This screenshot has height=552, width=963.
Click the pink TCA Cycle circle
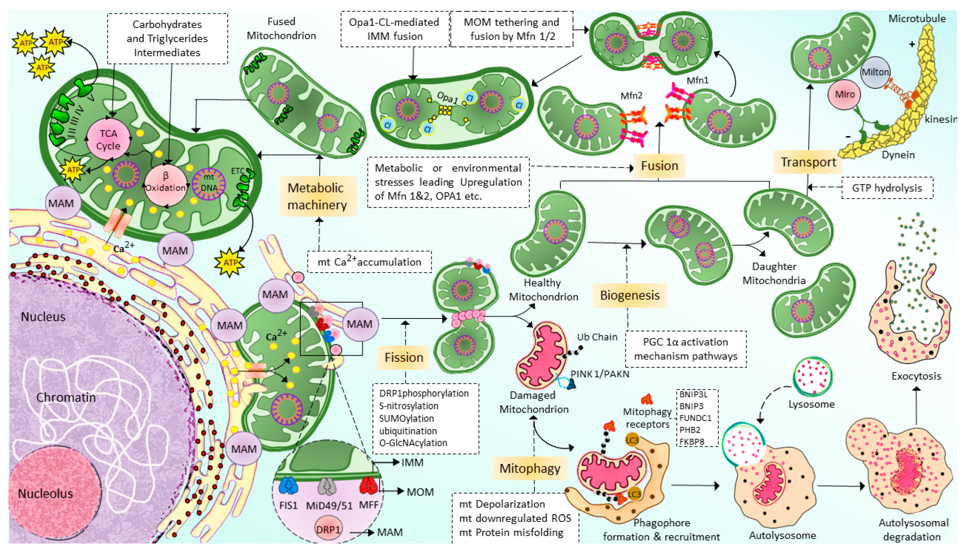tap(109, 139)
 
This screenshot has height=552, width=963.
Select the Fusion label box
tap(659, 166)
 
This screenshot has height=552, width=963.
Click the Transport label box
tap(807, 162)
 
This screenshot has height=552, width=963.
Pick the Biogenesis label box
tap(630, 295)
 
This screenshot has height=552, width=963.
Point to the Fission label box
tap(403, 357)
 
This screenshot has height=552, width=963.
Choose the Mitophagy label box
tap(530, 469)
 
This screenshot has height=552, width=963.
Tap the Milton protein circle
tap(875, 72)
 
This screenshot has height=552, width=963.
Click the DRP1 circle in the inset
tap(328, 529)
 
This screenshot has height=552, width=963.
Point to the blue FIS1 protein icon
tap(288, 486)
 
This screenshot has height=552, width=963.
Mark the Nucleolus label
tap(46, 494)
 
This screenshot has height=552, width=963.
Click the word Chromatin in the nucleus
tap(66, 397)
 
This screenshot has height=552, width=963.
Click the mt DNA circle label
tap(209, 183)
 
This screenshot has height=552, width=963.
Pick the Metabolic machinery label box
tap(317, 196)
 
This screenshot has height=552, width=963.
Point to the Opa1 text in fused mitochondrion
tap(447, 98)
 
